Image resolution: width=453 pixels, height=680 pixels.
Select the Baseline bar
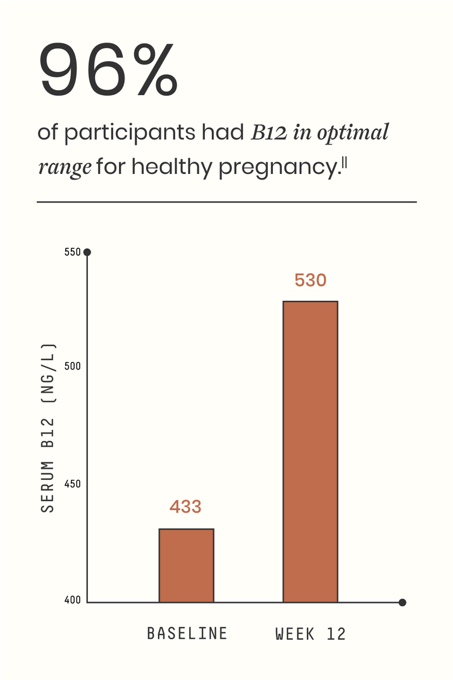coord(186,565)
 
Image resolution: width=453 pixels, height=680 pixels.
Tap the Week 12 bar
coord(310,451)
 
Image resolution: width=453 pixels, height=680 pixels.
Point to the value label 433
coord(185,507)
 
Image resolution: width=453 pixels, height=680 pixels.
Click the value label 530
coord(310,280)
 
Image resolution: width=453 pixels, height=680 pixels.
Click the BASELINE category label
coord(187,633)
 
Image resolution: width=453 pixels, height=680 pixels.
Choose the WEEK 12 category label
coord(310,634)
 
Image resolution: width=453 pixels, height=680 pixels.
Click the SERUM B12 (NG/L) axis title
coord(49,428)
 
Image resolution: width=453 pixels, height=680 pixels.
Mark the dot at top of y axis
coord(87,252)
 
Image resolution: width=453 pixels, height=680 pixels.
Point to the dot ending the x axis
coord(403,602)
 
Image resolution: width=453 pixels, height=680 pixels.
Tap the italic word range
coord(65,168)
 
